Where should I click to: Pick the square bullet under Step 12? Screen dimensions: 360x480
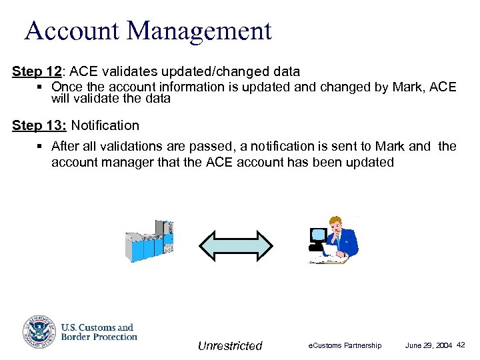(41, 87)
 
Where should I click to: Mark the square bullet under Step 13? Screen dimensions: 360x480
(41, 146)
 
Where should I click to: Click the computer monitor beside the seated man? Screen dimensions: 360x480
(319, 236)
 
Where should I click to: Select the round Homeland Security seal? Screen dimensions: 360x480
(39, 331)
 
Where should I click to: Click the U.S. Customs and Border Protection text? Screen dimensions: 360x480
(99, 332)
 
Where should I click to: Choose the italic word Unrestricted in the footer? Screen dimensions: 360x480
(230, 345)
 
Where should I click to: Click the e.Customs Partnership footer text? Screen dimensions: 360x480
(345, 345)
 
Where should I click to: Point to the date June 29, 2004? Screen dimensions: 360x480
(429, 345)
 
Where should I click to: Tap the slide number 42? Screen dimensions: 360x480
(461, 345)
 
